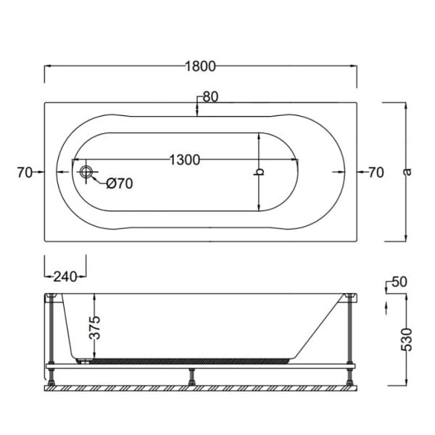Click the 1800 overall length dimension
pos(201,66)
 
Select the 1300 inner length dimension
pos(185,159)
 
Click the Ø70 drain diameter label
pos(119,183)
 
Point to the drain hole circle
pos(87,173)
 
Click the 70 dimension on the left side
pos(24,173)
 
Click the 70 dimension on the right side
pos(376,173)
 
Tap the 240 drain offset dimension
pos(65,275)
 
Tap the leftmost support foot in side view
pos(52,376)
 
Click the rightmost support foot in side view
pos(352,376)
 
